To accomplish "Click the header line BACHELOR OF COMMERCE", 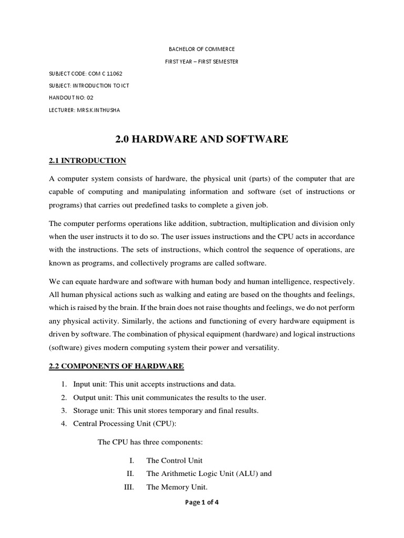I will [201, 49].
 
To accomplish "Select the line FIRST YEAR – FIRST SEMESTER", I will [201, 61].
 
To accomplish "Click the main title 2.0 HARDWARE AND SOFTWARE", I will [201, 139].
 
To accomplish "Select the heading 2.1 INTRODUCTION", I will [87, 161].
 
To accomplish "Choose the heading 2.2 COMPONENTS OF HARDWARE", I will [116, 366].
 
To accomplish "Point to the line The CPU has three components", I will [146, 442].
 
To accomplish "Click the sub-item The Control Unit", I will [174, 461].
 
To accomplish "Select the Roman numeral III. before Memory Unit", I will [129, 487].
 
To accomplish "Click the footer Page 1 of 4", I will [201, 502].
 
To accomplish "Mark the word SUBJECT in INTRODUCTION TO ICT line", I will [59, 86].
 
